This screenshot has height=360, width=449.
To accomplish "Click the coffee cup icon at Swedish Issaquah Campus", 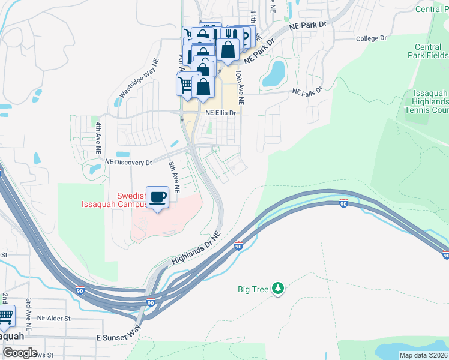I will pos(157,197).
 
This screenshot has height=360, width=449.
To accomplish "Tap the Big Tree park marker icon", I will pos(277,289).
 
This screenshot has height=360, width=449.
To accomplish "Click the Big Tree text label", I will pos(253,290).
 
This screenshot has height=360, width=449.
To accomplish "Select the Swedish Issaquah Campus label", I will pos(114,200).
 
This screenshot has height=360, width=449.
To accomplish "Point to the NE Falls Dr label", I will pos(307,91).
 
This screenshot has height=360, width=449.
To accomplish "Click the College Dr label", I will pos(371,38).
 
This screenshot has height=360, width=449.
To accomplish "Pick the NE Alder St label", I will pos(54,318).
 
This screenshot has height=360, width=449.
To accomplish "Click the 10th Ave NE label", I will pos(240,83).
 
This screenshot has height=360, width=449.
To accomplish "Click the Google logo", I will pos(20,352).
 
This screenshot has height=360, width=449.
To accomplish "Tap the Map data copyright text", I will pos(423,355).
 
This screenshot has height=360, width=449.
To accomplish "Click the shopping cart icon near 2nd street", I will pos(5,316).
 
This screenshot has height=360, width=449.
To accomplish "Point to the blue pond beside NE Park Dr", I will pos(274,73).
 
